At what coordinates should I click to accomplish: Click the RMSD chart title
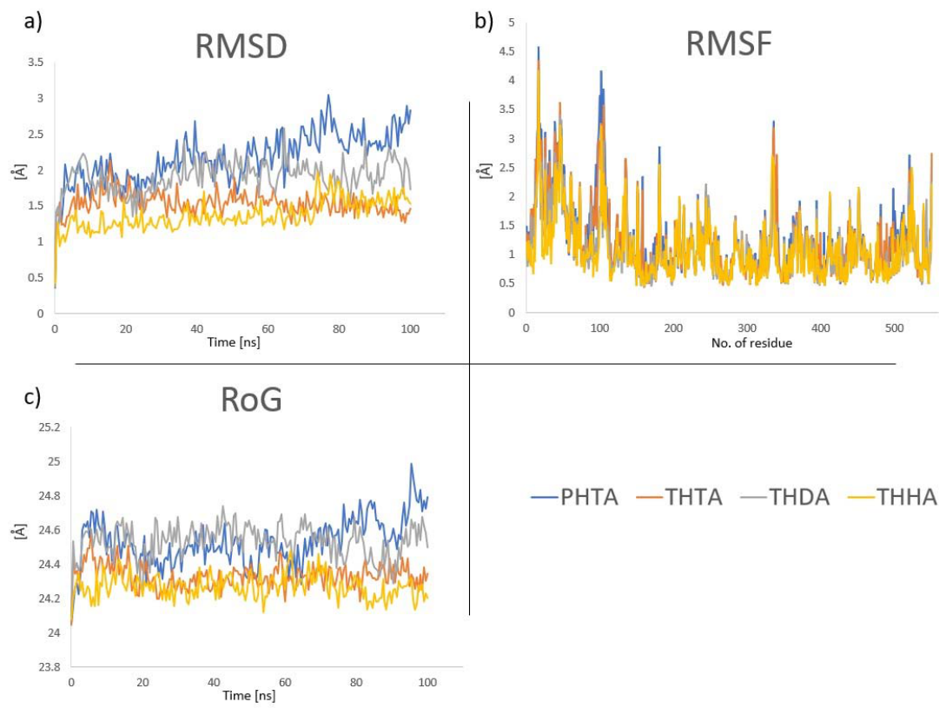point(241,46)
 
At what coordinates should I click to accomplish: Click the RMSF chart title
point(729,43)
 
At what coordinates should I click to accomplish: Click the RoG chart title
point(251,400)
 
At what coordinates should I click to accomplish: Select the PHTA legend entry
point(574,497)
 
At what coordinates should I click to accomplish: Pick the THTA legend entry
point(678,497)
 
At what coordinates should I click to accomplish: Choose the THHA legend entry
point(892,497)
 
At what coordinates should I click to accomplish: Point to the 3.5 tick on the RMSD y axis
point(36,63)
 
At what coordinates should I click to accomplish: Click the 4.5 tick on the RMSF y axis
point(506,51)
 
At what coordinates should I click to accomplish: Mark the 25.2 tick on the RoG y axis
point(50,427)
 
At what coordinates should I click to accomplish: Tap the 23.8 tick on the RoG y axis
point(50,666)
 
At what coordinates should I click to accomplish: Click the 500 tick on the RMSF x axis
point(894,328)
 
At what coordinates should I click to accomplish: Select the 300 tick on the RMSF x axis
point(747,328)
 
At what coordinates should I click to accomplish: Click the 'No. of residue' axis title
point(751,343)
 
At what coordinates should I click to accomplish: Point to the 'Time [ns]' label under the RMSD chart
point(234,342)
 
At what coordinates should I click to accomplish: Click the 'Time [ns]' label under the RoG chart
point(249,695)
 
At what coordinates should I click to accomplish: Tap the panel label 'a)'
point(33,22)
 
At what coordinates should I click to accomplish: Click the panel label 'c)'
point(33,398)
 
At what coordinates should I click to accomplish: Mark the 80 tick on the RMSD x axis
point(339,329)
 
